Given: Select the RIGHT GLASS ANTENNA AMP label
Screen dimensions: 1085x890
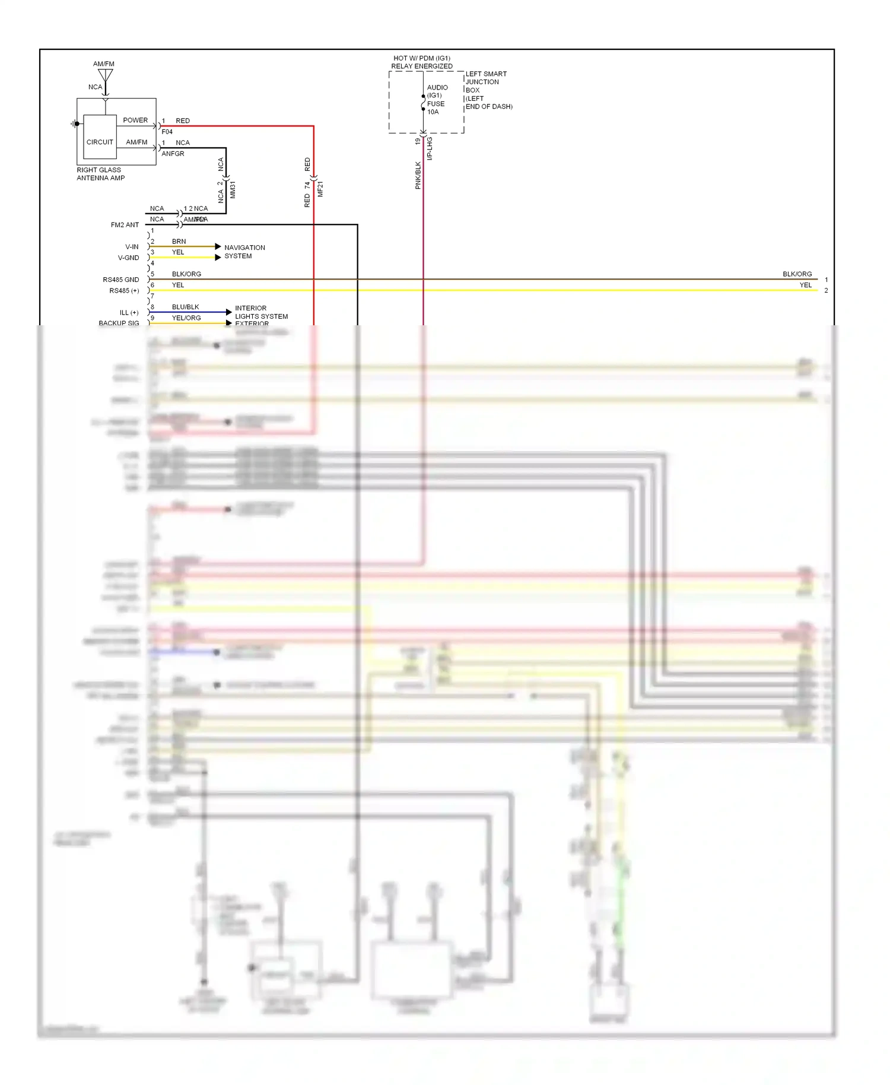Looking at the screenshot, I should [x=100, y=174].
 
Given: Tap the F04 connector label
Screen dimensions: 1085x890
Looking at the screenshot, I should [x=167, y=132].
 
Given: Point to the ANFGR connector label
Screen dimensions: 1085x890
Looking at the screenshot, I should [x=173, y=154].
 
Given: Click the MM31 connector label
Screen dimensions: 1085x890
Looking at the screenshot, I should [x=233, y=190].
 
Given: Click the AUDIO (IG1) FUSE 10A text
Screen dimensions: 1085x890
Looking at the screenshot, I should [x=437, y=100].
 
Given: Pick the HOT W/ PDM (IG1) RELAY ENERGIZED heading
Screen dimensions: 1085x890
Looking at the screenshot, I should [x=422, y=62].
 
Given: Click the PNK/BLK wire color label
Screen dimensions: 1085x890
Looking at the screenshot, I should [x=418, y=175].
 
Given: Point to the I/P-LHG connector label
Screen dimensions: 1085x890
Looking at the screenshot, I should [x=430, y=148].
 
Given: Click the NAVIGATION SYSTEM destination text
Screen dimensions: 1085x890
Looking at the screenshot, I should [x=244, y=252].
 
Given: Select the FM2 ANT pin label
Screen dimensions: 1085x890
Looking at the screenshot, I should [x=125, y=225].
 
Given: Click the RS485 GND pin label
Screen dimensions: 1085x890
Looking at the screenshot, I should [x=121, y=280].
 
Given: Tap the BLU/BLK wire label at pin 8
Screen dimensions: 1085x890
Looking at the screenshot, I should [x=185, y=307].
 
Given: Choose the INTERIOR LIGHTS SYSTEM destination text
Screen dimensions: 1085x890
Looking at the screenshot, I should [x=260, y=312].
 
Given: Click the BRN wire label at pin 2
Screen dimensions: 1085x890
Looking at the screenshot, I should [x=179, y=242].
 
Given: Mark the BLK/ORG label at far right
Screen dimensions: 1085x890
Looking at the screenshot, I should [x=797, y=274].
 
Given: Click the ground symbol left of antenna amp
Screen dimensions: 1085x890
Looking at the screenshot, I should [x=74, y=124].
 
